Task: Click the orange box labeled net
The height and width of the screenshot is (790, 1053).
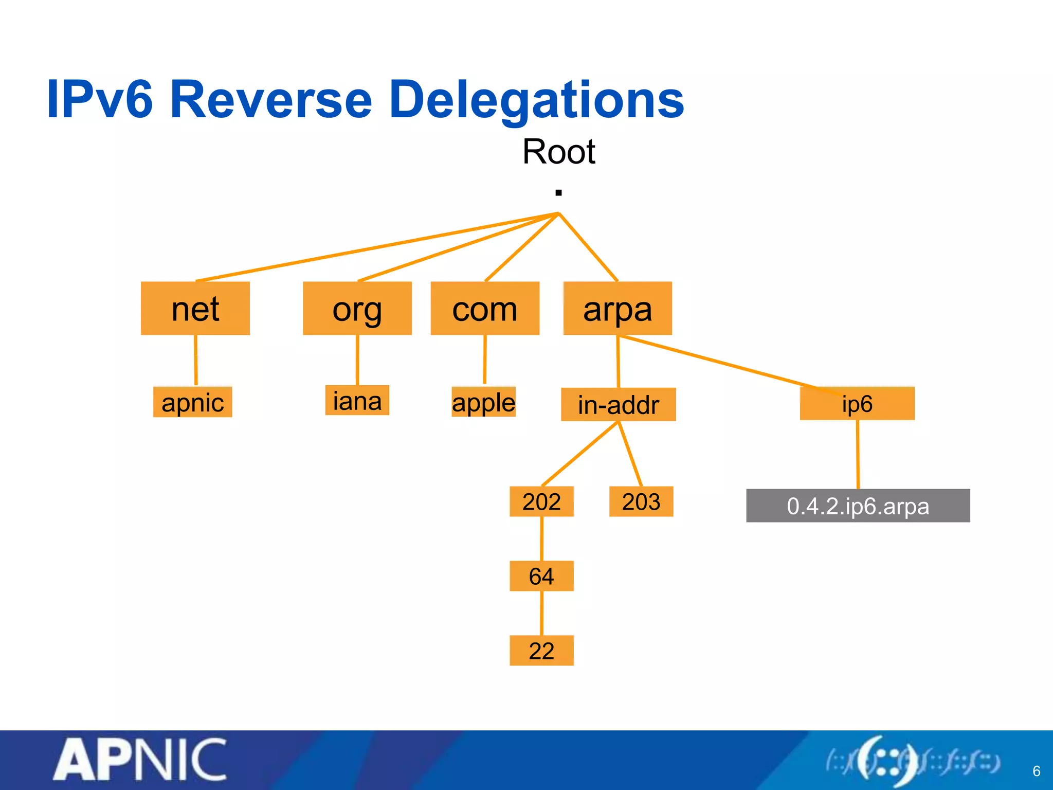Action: [195, 308]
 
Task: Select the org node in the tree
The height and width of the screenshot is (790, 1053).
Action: [357, 308]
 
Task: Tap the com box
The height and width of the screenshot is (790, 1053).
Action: [485, 308]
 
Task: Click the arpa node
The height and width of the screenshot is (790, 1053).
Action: [618, 308]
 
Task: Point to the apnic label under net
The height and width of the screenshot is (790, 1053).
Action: [193, 402]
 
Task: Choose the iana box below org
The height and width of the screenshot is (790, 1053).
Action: [357, 400]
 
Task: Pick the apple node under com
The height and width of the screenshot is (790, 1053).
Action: [483, 402]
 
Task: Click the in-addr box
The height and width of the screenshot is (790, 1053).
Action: [618, 404]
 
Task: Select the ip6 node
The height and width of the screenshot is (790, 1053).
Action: [857, 404]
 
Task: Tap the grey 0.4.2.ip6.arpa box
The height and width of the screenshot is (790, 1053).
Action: [858, 506]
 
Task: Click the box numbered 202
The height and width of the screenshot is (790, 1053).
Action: [541, 501]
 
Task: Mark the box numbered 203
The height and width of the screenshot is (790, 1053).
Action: [641, 501]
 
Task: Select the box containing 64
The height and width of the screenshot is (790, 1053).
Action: [541, 576]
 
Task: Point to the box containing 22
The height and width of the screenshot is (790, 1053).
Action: [541, 651]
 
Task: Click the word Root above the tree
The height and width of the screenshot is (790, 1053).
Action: [559, 152]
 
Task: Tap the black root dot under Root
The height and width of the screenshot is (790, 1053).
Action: [559, 193]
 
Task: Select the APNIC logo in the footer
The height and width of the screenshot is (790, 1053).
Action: [140, 759]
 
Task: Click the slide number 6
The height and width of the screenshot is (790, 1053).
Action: [1037, 771]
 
